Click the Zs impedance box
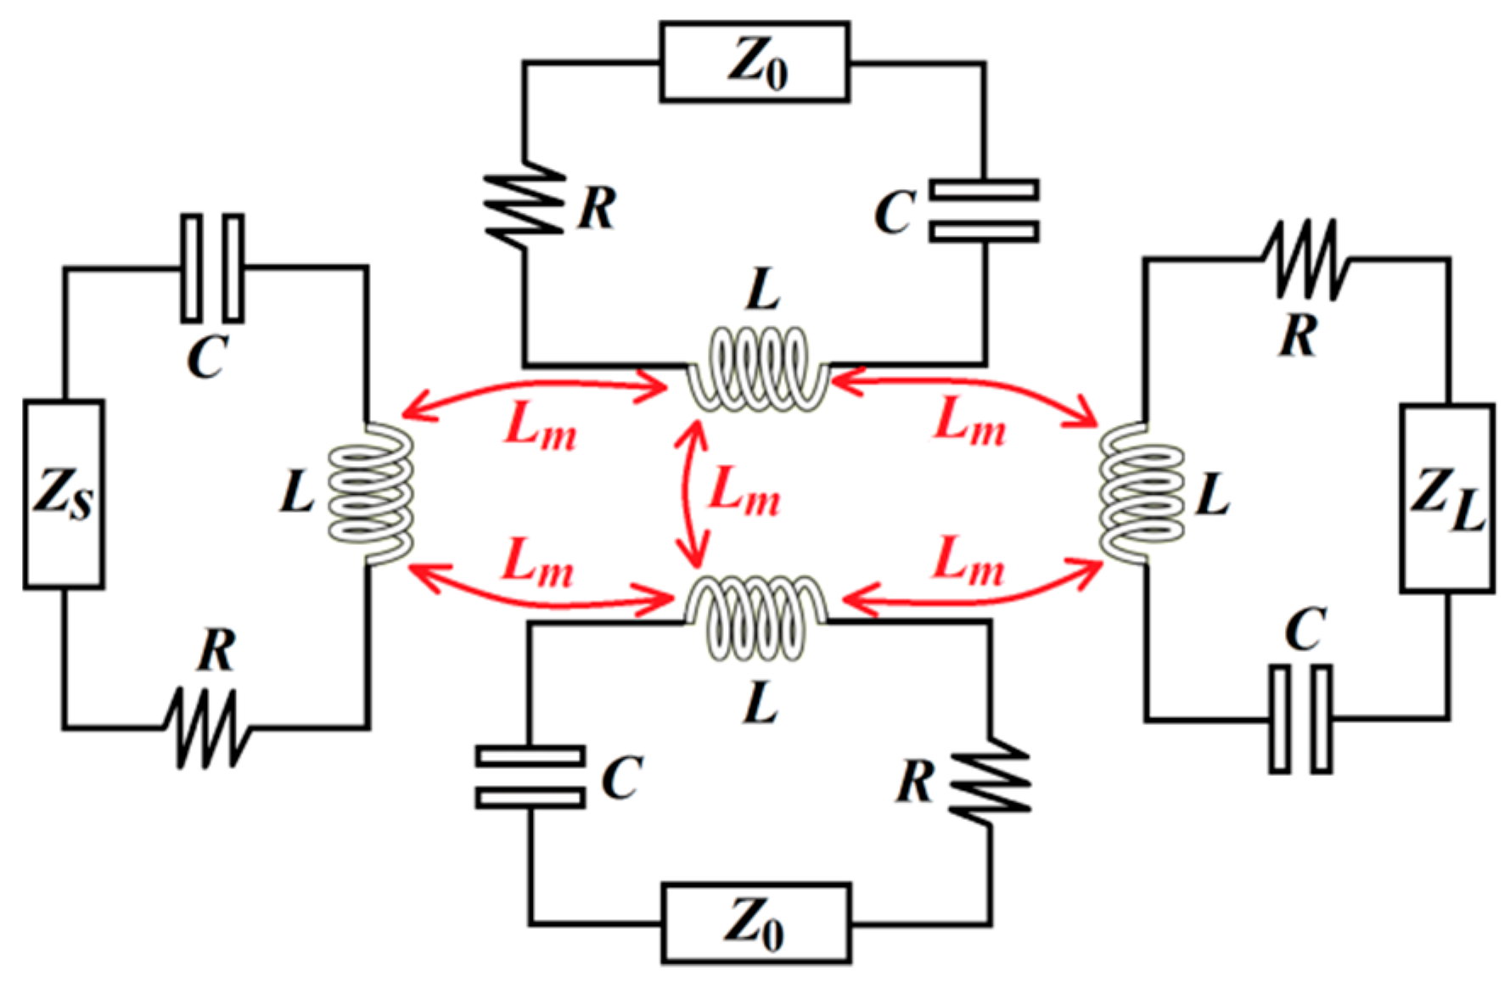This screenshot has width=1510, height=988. [x=64, y=494]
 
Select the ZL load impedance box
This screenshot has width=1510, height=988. [x=1446, y=497]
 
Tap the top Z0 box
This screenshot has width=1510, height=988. [x=755, y=62]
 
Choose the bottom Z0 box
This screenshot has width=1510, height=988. [x=755, y=923]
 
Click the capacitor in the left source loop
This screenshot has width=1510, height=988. [x=212, y=268]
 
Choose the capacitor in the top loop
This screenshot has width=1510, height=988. [x=984, y=211]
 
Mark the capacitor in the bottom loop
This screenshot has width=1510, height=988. [x=530, y=777]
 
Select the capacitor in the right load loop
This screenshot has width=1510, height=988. [x=1300, y=719]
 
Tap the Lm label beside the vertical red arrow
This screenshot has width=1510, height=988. [x=744, y=492]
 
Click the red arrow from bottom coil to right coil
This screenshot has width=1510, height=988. [x=972, y=598]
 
